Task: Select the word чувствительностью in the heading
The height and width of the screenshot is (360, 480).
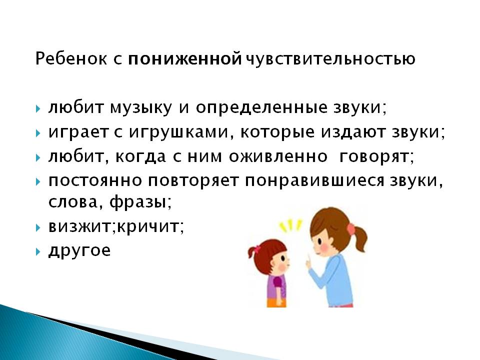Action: (x=330, y=59)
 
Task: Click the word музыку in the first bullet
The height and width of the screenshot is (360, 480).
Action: (x=141, y=108)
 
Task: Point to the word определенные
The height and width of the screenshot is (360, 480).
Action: (x=261, y=108)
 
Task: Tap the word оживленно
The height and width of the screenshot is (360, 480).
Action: (x=278, y=156)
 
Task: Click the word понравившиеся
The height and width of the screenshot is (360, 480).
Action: (x=314, y=180)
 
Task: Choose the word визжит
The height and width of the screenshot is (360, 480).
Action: (x=81, y=226)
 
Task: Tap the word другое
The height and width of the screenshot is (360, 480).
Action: (x=79, y=251)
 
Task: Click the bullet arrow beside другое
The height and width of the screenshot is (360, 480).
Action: (x=38, y=252)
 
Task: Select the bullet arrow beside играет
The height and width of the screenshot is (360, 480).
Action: (x=38, y=133)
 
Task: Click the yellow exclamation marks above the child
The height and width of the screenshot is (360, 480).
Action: (x=290, y=225)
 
